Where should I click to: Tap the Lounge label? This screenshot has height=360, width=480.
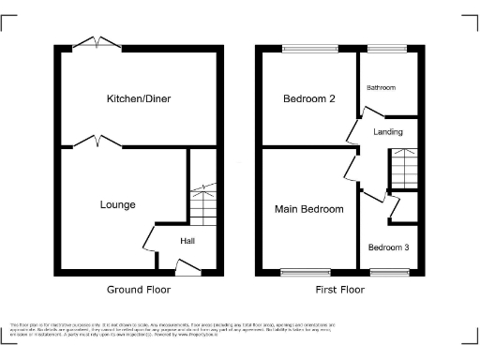click(117, 204)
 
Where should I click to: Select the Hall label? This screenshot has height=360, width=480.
click(187, 241)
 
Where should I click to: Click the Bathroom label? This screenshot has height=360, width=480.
click(381, 87)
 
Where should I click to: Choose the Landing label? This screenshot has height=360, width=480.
click(387, 132)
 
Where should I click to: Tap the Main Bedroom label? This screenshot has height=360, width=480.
click(308, 208)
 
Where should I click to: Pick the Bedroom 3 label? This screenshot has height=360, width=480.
click(387, 247)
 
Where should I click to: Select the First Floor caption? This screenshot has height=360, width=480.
click(339, 290)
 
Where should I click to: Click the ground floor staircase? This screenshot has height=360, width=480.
click(202, 202)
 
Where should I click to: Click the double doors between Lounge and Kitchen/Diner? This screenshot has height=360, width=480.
click(97, 142)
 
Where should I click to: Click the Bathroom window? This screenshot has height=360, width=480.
click(384, 49)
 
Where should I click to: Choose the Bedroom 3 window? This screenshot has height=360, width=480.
click(384, 273)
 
